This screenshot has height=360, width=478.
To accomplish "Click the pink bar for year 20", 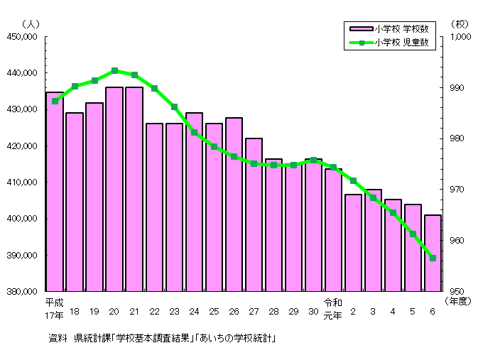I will [114, 189].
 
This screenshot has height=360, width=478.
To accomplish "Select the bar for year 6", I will [433, 253].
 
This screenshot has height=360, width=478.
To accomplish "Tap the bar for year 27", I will [254, 214].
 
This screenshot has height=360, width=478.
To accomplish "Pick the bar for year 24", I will [194, 202].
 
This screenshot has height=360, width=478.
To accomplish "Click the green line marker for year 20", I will [114, 71].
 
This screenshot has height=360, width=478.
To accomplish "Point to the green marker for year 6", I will [433, 258].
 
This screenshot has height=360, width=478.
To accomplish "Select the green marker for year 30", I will [313, 160].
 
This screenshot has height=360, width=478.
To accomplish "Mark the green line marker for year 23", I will [174, 107].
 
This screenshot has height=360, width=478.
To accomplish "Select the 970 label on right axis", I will [458, 190].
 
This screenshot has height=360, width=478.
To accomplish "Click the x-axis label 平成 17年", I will [54, 307].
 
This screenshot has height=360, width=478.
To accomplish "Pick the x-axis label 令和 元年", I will [333, 307].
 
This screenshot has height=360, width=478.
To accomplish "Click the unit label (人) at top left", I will [31, 23].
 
